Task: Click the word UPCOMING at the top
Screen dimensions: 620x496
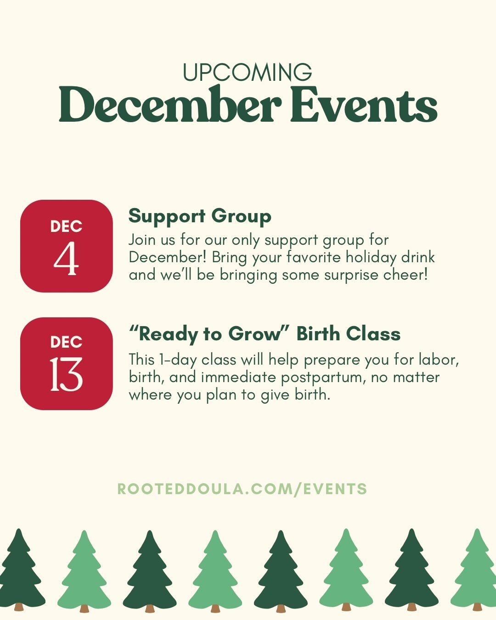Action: (x=248, y=73)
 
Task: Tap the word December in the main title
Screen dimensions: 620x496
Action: (x=170, y=105)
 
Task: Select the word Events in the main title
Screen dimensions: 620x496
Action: (x=363, y=105)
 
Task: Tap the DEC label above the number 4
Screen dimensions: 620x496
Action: (x=66, y=226)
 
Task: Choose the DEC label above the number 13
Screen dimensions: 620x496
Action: (x=66, y=342)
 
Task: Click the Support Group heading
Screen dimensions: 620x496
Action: (x=200, y=216)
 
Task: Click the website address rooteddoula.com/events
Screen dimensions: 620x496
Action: (x=242, y=489)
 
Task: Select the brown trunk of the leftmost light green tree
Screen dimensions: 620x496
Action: (x=84, y=609)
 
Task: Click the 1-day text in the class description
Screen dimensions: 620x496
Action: (x=179, y=360)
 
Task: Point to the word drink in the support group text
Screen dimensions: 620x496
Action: (x=418, y=257)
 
